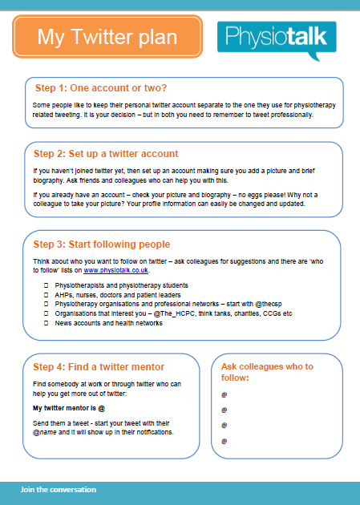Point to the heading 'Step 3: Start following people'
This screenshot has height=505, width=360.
point(102,244)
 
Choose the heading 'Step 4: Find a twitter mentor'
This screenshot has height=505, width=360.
point(99,367)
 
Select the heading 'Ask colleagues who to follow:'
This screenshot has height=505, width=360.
point(267,371)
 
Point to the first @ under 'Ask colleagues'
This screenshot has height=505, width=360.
point(224,394)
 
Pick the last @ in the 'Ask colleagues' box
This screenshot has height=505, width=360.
point(224,441)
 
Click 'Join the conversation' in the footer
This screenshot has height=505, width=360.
point(59,489)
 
